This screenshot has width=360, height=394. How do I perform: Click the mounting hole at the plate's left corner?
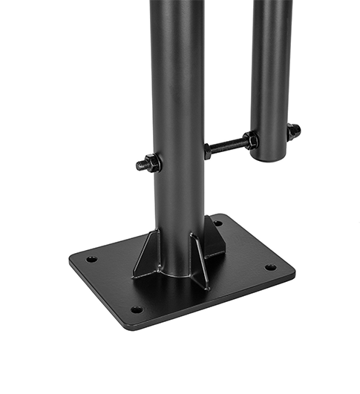pyautogui.click(x=91, y=259)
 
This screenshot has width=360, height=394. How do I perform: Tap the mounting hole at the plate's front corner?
pyautogui.click(x=137, y=309)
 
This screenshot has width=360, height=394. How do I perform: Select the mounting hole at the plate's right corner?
pyautogui.click(x=270, y=267)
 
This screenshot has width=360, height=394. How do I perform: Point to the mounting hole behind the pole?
pyautogui.click(x=217, y=223)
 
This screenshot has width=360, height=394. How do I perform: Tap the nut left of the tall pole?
pyautogui.click(x=152, y=163)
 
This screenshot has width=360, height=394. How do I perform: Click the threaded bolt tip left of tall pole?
pyautogui.click(x=140, y=165)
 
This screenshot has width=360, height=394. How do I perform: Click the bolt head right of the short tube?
pyautogui.click(x=295, y=131)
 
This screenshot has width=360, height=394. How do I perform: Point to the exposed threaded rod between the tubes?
pyautogui.click(x=229, y=144)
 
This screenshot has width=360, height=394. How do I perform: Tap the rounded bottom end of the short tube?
pyautogui.click(x=269, y=157)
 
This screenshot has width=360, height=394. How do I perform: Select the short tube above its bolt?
pyautogui.click(x=270, y=67)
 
